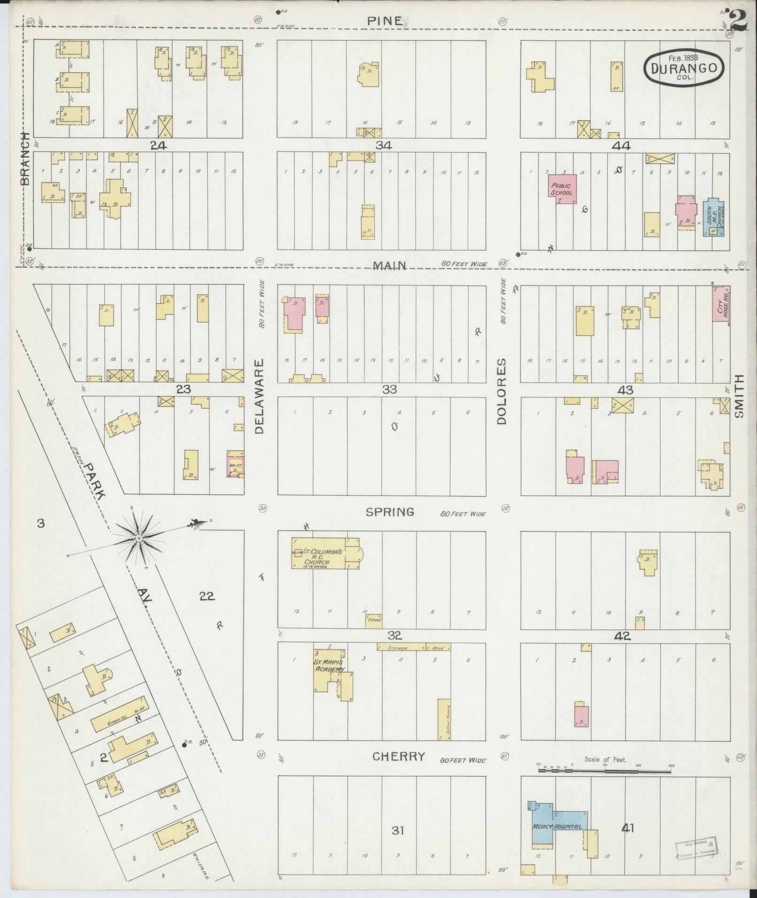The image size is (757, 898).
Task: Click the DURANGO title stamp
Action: click(683, 68)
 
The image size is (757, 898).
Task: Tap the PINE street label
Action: click(384, 21)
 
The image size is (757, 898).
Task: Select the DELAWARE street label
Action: click(260, 397)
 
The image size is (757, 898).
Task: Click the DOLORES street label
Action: click(502, 391)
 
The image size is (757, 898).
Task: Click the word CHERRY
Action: click(398, 756)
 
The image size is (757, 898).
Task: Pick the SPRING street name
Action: click(390, 512)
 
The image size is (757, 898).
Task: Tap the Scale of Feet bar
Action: click(605, 770)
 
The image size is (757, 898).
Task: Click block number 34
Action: click(383, 146)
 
